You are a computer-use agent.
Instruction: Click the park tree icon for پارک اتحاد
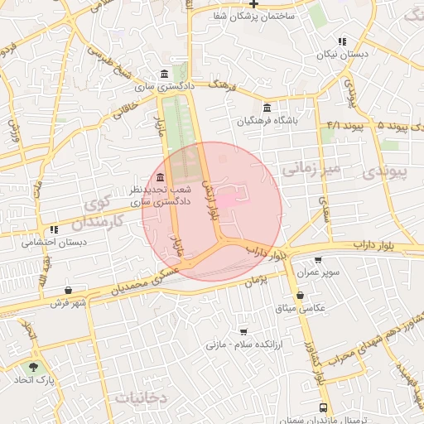click(x=34, y=367)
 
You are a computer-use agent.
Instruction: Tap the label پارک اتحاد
click(x=32, y=380)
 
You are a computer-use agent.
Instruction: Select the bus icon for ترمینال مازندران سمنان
click(x=323, y=407)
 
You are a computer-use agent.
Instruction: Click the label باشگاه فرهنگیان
click(x=266, y=121)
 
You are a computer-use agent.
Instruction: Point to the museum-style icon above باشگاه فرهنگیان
click(x=266, y=108)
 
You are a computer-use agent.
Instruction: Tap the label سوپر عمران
click(x=317, y=273)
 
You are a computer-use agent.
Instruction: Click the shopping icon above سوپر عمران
click(x=317, y=260)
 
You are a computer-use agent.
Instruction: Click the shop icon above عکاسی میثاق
click(x=300, y=295)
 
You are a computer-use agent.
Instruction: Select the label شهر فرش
click(x=68, y=303)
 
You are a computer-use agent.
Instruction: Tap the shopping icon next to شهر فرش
click(x=68, y=291)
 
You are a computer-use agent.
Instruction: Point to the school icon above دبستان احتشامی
click(x=54, y=229)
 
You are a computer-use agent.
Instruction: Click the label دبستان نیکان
click(x=342, y=55)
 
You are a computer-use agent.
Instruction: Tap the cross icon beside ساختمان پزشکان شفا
click(x=253, y=3)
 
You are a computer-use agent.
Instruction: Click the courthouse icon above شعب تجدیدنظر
click(x=160, y=178)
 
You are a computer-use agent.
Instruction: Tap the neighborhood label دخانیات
click(x=142, y=397)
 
